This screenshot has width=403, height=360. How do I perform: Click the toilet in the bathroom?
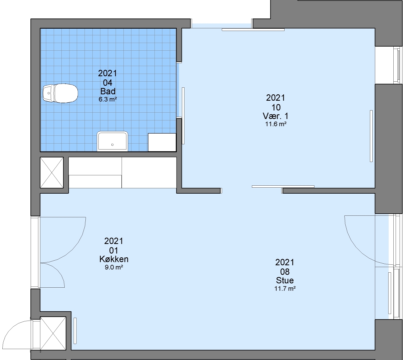click(x=60, y=93)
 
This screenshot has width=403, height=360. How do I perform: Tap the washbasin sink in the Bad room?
click(x=112, y=141)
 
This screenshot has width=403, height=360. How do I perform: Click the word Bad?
click(x=108, y=91)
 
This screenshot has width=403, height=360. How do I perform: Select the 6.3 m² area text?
click(x=108, y=99)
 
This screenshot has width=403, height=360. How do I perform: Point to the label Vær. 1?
click(x=276, y=116)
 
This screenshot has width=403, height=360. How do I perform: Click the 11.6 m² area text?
click(x=276, y=124)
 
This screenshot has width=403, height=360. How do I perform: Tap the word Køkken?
click(x=114, y=259)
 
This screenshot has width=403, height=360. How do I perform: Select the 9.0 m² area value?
click(x=114, y=267)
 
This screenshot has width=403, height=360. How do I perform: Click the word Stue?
click(x=285, y=280)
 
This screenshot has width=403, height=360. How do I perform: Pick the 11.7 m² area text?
click(x=285, y=288)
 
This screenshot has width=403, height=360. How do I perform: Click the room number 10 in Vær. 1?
click(x=276, y=108)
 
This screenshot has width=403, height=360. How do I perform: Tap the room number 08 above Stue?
click(x=285, y=272)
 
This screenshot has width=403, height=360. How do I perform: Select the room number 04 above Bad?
click(x=108, y=83)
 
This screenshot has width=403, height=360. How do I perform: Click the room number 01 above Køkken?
click(x=113, y=250)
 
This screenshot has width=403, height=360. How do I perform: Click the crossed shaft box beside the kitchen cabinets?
click(x=52, y=173)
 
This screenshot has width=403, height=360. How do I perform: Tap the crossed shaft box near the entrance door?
click(x=53, y=333)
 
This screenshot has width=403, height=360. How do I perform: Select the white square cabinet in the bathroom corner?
click(x=162, y=142)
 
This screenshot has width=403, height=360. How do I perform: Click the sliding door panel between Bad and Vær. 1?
click(x=183, y=116)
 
